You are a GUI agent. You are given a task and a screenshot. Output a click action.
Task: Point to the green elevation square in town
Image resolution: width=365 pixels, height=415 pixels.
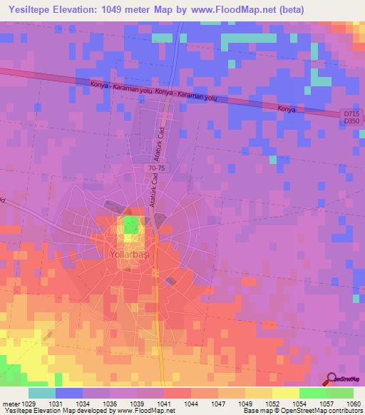click(130, 227)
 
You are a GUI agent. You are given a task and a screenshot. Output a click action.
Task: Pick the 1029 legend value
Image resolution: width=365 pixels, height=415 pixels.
click(24, 404)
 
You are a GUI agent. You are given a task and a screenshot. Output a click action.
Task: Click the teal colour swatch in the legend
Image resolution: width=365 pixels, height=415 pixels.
click(42, 393)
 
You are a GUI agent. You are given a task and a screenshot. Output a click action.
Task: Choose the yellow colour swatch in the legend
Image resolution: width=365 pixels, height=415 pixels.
click(286, 393)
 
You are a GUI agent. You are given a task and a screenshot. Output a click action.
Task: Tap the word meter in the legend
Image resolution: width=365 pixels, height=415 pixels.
click(11, 404)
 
